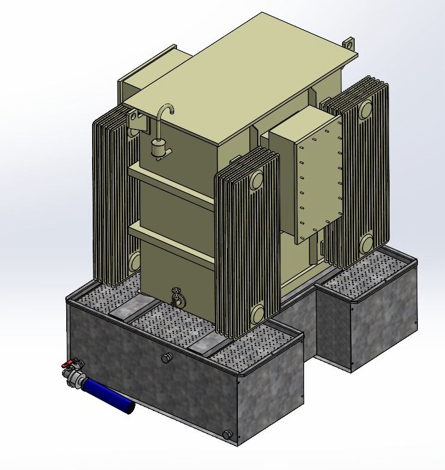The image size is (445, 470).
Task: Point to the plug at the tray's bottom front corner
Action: [227, 434]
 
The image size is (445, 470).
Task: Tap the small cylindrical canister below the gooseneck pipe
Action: [159, 148]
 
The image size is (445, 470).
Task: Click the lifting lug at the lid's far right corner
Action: [348, 45]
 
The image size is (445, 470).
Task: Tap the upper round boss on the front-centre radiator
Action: [257, 179]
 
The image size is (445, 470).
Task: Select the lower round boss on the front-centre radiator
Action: [257, 312]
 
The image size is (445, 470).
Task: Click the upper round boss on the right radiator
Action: [365, 110]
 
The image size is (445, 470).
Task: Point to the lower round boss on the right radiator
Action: [366, 243]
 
